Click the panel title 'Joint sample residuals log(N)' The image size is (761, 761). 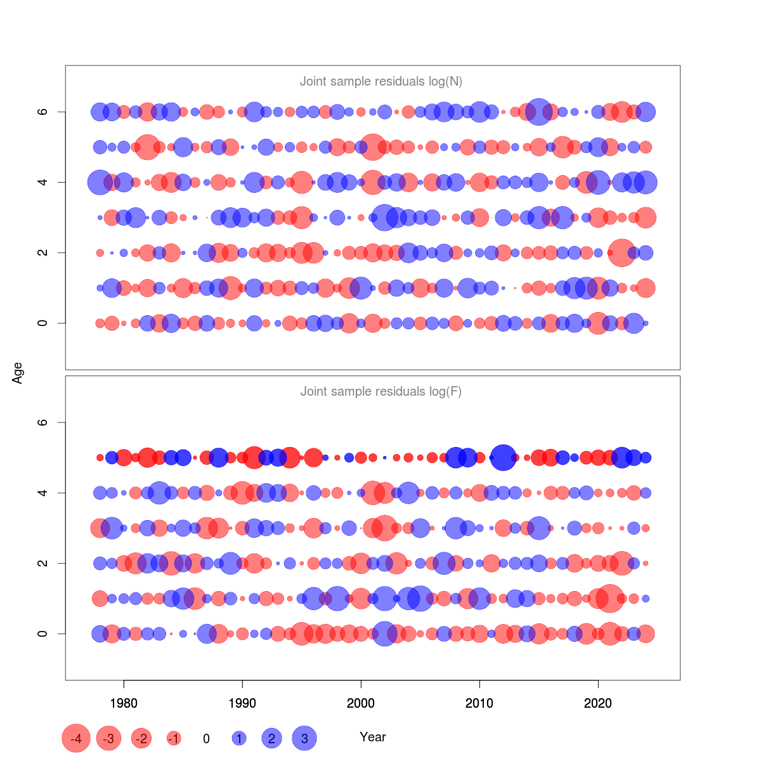380,81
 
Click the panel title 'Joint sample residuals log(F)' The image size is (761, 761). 380,391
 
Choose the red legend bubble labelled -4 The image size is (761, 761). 76,738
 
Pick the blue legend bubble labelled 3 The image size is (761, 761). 304,738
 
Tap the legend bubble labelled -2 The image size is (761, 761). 141,738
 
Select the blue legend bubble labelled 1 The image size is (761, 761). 239,738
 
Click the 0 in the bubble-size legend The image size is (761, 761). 206,739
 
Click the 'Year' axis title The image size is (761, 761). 372,737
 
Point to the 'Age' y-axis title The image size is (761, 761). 18,373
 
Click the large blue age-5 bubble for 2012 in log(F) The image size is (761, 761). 504,457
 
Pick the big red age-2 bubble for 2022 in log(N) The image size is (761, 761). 622,252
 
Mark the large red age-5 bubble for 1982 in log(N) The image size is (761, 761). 148,147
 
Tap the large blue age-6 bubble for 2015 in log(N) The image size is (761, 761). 539,112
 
